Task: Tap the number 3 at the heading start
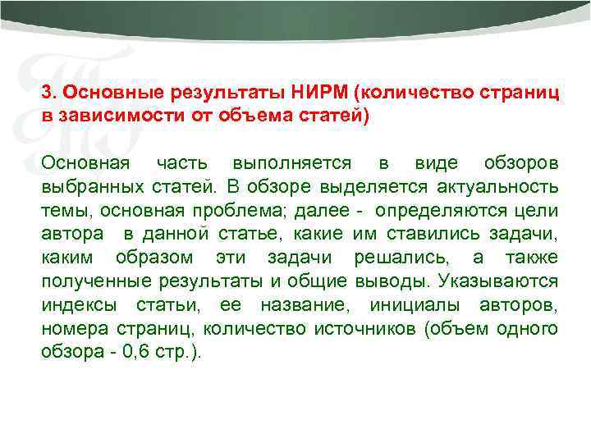(x=47, y=91)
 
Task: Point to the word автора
(x=72, y=234)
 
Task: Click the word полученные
(x=91, y=281)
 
